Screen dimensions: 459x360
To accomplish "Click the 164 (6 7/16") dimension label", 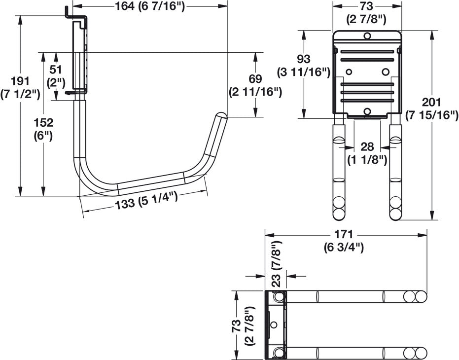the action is point(149,6).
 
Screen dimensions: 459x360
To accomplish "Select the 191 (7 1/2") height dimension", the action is point(20,87).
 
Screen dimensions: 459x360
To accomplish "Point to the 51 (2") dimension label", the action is point(56,76).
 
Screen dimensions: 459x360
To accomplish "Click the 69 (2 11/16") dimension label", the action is point(255,85).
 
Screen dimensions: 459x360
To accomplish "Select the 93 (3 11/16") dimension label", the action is point(304,65).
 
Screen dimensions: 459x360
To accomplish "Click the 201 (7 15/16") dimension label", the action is point(431,108).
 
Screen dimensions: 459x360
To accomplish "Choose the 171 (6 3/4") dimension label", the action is point(344,241).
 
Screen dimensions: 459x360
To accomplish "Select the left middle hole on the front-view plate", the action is point(349,72).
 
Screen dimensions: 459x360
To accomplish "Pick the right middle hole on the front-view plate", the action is point(386,72).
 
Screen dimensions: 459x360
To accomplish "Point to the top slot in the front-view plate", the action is point(367,52).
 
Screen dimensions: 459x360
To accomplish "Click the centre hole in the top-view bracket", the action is point(274,324).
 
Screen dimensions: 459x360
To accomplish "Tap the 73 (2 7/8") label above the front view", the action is point(366,13).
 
